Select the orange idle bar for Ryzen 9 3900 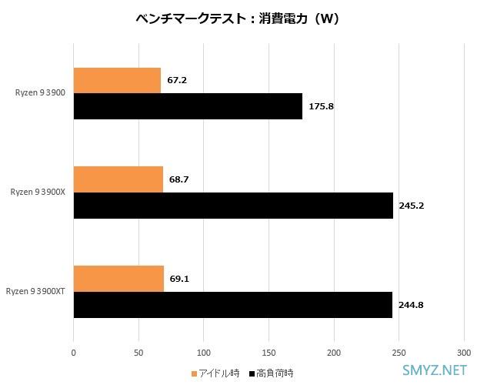pyautogui.click(x=117, y=80)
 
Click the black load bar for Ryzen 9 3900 pyautogui.click(x=188, y=106)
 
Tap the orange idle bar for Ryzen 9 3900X pyautogui.click(x=118, y=179)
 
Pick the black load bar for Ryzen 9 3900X pyautogui.click(x=233, y=206)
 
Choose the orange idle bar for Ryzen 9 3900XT pyautogui.click(x=118, y=278)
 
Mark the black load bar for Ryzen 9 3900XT pyautogui.click(x=232, y=305)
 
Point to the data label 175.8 pyautogui.click(x=321, y=106)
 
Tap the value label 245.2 pyautogui.click(x=411, y=206)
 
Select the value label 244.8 pyautogui.click(x=411, y=305)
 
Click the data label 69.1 pyautogui.click(x=179, y=278)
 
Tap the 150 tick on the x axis pyautogui.click(x=269, y=352)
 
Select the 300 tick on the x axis pyautogui.click(x=463, y=352)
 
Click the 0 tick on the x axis pyautogui.click(x=74, y=352)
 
